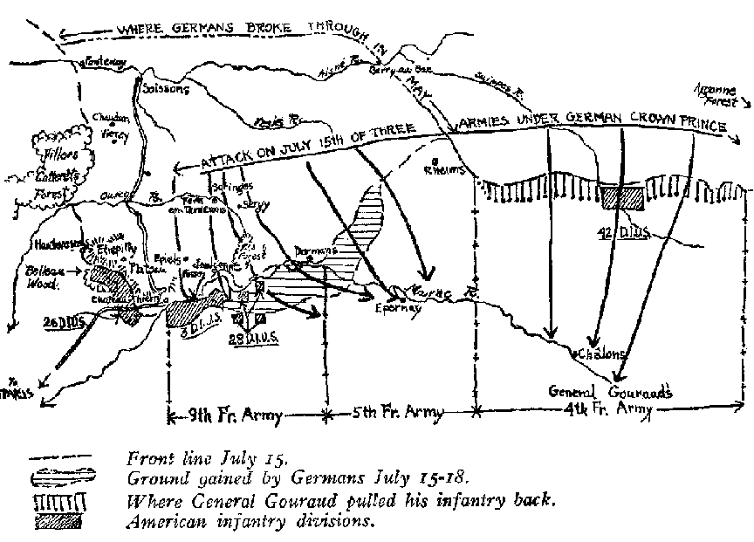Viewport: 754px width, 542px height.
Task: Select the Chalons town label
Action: click(x=600, y=354)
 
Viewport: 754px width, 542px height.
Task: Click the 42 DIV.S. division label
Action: click(x=621, y=233)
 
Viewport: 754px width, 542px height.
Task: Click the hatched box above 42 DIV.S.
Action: click(x=622, y=198)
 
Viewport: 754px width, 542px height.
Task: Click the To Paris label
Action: click(x=23, y=392)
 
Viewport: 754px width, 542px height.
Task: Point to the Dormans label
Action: click(x=313, y=250)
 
